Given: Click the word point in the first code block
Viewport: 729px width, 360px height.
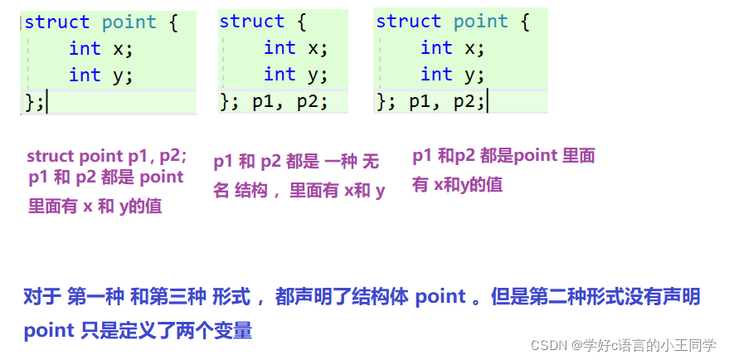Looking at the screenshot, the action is [129, 22].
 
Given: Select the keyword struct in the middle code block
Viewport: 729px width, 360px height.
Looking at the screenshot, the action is [251, 22].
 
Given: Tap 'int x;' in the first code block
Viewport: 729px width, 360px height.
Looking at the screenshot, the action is [100, 48].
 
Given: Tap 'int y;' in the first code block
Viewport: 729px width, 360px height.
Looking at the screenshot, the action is [100, 75].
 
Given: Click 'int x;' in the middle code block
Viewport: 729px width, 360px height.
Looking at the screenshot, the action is [295, 48].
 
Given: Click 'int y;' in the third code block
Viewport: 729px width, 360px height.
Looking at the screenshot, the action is [452, 75].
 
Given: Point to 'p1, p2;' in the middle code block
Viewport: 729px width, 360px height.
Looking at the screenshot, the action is [289, 102].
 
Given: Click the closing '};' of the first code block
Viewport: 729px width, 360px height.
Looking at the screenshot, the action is [35, 102].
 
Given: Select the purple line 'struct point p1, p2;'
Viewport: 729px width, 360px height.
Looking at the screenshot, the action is [107, 156].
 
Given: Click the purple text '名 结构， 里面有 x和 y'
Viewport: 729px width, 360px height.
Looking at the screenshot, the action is [299, 191].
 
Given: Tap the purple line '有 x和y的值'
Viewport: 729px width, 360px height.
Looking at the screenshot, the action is [457, 185].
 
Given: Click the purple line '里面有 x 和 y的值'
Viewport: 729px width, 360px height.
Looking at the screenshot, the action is [95, 207].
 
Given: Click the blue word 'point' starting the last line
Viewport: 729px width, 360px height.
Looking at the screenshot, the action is [49, 331].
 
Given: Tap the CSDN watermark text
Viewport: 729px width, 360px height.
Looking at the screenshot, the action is [623, 345].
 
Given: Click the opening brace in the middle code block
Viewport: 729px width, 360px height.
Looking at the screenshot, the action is [299, 22].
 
